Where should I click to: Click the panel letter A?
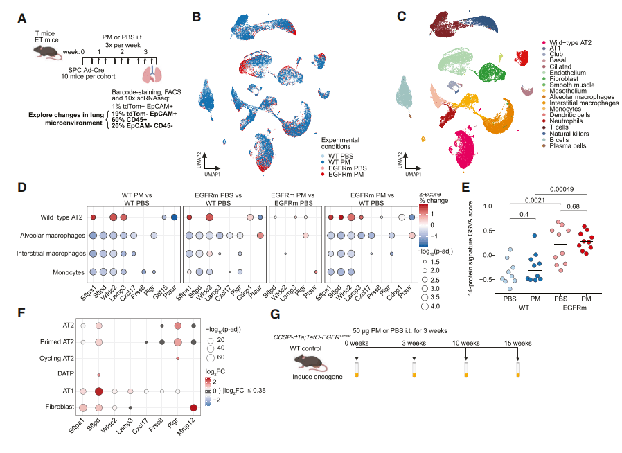[x=21, y=18]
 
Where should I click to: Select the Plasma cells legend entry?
[x=565, y=146]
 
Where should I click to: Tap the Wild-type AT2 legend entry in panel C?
[x=567, y=42]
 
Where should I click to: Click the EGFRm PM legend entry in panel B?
[x=343, y=174]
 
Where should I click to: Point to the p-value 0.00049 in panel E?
[x=561, y=189]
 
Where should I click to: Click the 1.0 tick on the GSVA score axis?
[x=488, y=206]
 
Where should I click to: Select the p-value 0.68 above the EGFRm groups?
[x=573, y=206]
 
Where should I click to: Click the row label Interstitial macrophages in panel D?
[x=51, y=253]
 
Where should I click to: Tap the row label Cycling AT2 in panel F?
[x=56, y=358]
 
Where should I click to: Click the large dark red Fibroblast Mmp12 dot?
[x=193, y=408]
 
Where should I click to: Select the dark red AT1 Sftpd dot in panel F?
[x=99, y=391]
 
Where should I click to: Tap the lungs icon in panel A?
[x=152, y=74]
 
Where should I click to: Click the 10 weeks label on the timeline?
[x=466, y=343]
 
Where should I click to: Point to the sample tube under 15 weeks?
[x=518, y=369]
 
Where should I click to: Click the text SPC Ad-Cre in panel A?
[x=86, y=70]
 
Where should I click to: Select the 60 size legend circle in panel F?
[x=211, y=358]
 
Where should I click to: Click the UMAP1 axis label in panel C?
[x=414, y=174]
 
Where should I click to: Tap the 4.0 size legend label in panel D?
[x=435, y=306]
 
